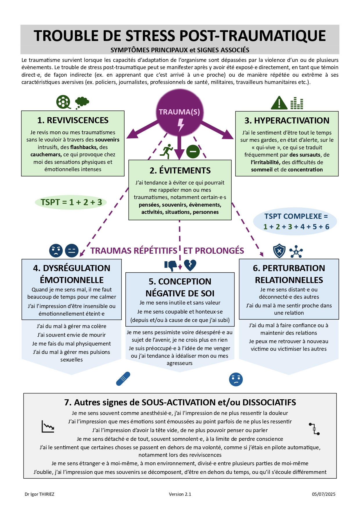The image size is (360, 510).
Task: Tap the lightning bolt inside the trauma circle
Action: [x=181, y=125]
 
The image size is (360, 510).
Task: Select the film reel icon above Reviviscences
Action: [x=63, y=102]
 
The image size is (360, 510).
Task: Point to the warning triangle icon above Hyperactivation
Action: [x=279, y=103]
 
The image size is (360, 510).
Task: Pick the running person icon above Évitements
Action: [x=167, y=151]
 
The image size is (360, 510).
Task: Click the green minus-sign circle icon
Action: [x=193, y=151]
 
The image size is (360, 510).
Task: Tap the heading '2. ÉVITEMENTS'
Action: [x=180, y=171]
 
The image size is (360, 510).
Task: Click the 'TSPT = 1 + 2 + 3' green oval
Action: [x=71, y=202]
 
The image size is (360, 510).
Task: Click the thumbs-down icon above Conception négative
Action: [x=171, y=265]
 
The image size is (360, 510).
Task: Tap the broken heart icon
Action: [x=190, y=265]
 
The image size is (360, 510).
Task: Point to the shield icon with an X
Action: [x=279, y=251]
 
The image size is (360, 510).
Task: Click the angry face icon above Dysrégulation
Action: [x=56, y=250]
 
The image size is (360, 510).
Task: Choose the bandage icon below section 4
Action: [x=123, y=379]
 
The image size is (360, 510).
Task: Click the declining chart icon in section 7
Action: [x=48, y=426]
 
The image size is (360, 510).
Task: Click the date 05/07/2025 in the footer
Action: [x=323, y=494]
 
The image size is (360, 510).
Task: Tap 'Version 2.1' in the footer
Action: [x=180, y=494]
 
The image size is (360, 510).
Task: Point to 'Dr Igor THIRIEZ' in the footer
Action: [x=39, y=494]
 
